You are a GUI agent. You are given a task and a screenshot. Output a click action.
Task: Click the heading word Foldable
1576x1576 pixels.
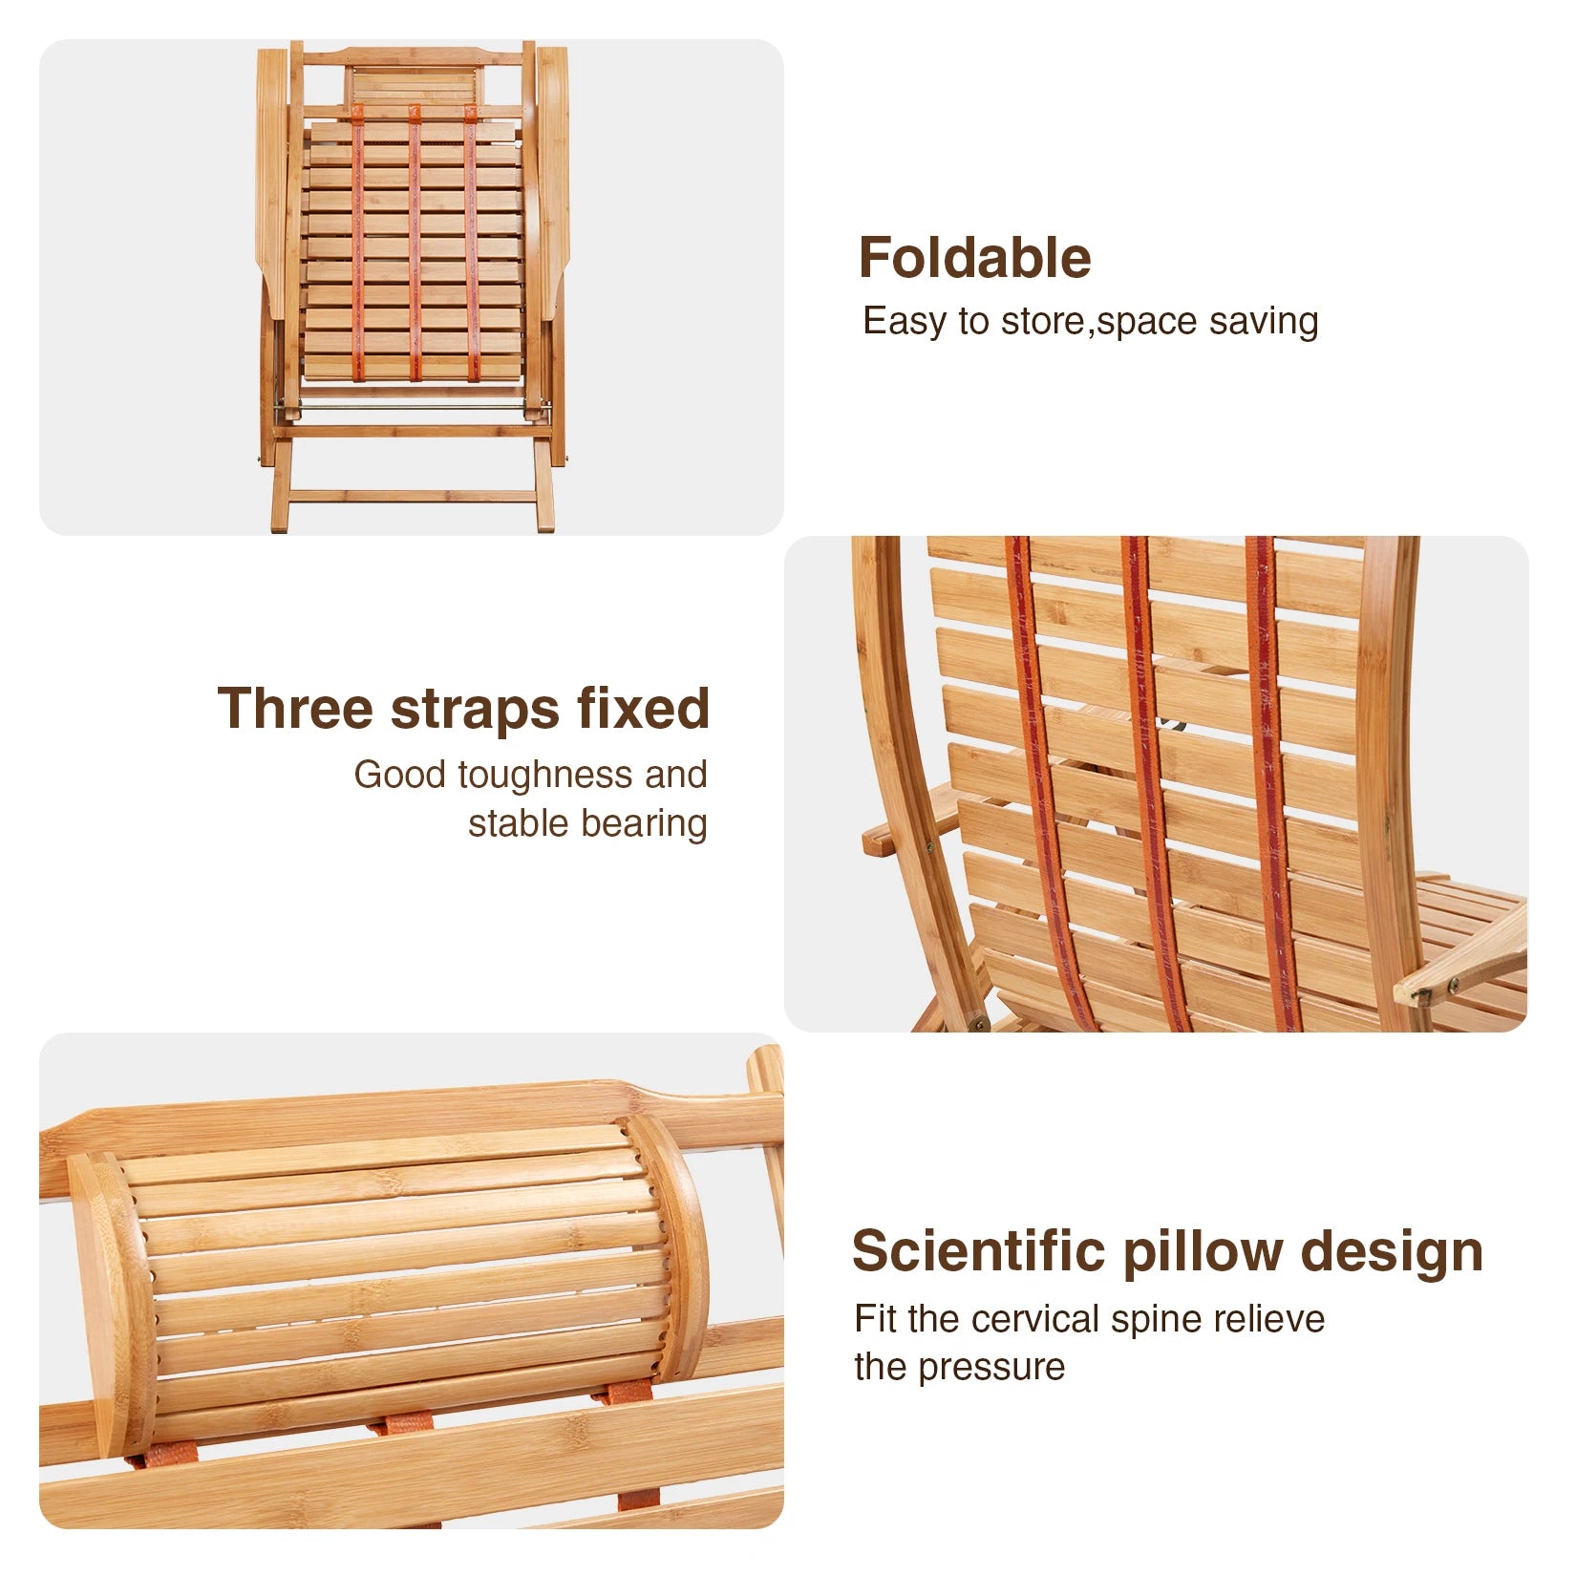point(974,258)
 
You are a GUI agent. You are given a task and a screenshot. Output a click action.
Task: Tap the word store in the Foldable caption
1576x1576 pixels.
point(1042,322)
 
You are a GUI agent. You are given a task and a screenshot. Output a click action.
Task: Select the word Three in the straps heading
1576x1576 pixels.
point(293,709)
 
